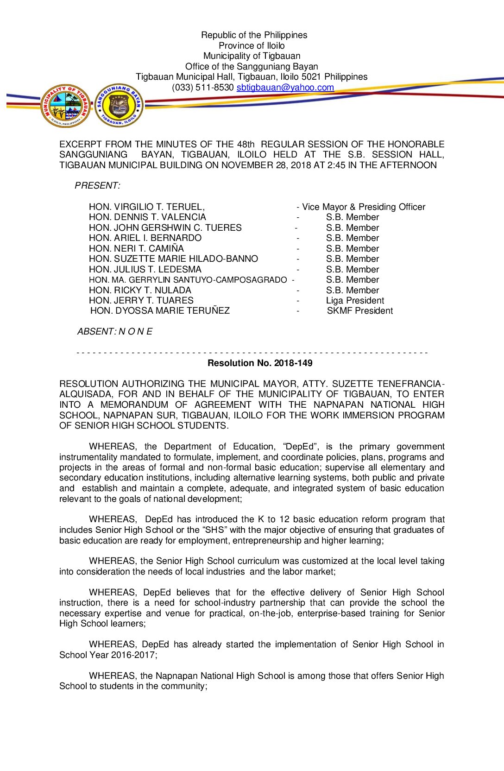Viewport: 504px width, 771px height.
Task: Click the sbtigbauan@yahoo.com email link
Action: point(285,88)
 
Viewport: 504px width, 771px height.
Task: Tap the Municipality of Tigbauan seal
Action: point(65,106)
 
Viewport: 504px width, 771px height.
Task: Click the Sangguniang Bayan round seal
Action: point(119,106)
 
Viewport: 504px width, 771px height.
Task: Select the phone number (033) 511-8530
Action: point(202,88)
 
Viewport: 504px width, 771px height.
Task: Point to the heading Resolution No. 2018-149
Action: point(260,363)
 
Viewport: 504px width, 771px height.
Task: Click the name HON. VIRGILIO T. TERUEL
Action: point(146,207)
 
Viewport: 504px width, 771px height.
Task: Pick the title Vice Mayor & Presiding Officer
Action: point(363,207)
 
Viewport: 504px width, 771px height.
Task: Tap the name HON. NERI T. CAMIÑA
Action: point(136,248)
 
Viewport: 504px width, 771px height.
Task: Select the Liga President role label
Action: point(355,300)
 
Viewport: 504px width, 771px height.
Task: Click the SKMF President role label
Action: point(359,311)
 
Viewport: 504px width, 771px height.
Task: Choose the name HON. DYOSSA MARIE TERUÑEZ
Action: point(160,311)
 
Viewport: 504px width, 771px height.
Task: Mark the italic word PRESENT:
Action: point(97,186)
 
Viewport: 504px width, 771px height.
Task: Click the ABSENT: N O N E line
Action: point(114,332)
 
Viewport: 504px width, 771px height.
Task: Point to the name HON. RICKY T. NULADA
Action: point(140,290)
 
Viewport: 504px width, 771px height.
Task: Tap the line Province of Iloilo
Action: point(252,45)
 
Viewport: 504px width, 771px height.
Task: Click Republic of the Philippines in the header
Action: point(254,35)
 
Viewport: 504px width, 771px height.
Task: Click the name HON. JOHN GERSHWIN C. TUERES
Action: point(165,228)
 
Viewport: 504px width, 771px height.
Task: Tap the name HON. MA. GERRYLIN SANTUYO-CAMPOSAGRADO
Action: point(188,280)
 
